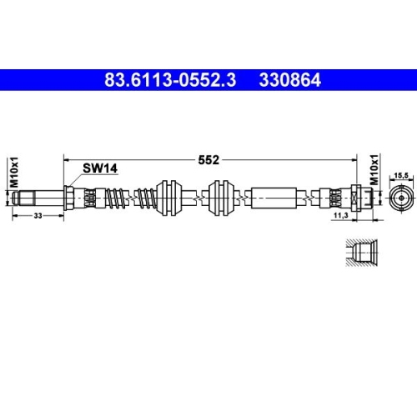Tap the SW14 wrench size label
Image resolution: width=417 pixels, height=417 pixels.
click(x=100, y=168)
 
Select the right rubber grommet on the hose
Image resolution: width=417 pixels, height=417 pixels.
click(x=221, y=198)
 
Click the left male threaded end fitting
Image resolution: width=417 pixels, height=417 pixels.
click(x=37, y=198)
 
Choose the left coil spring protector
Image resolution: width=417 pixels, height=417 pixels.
click(x=114, y=198)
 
